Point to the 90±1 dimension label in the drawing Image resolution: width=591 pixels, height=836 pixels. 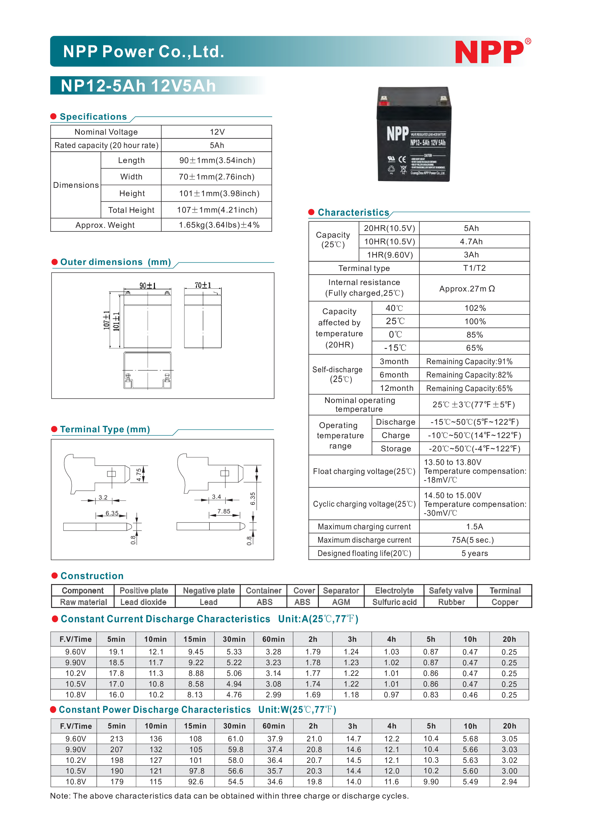tap(148, 285)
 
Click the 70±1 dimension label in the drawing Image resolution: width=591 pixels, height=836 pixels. tap(203, 285)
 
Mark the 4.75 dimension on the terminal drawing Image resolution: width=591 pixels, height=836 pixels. tap(139, 474)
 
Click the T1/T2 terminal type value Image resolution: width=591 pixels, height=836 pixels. tap(474, 268)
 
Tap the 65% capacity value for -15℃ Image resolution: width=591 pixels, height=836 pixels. tap(474, 348)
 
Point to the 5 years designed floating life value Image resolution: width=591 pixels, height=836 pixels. tap(474, 553)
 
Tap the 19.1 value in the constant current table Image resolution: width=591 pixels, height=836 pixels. tap(116, 652)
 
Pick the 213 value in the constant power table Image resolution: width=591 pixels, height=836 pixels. tap(117, 739)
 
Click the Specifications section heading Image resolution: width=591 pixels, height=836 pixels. tap(93, 117)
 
